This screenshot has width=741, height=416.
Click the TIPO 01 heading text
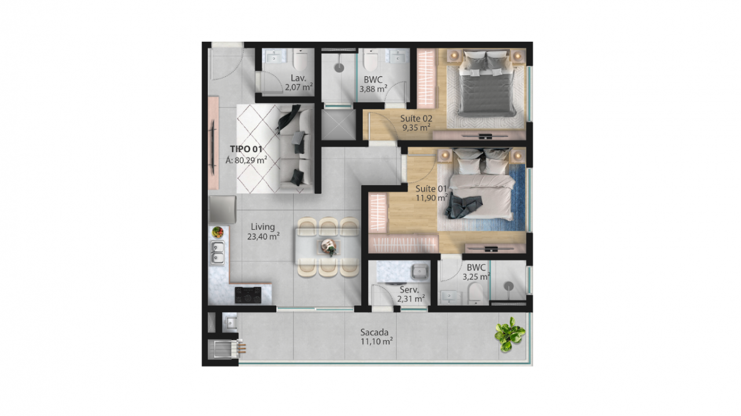246,149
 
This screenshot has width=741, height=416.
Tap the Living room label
263,227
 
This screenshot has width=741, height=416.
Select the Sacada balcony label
375,332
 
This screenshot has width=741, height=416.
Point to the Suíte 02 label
416,118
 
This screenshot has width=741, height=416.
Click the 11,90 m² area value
432,197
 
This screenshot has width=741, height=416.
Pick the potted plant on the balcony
509,334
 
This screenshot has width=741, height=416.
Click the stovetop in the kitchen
248,295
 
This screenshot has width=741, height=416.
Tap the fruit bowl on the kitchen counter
217,232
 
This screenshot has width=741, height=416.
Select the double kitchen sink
217,253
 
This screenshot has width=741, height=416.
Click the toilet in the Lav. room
300,60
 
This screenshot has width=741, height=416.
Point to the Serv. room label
409,290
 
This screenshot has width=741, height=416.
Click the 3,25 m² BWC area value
476,277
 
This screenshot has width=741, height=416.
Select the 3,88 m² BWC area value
373,89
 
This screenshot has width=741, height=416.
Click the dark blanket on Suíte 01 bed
464,207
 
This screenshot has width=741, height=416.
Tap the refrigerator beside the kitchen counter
222,209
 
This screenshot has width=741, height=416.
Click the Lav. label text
298,78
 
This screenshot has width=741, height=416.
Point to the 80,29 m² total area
247,160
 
